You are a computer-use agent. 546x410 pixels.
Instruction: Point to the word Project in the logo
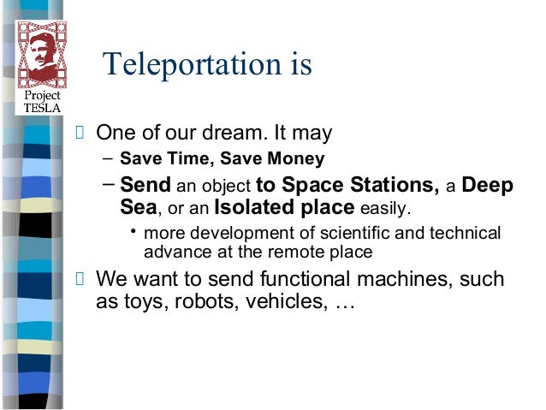41,95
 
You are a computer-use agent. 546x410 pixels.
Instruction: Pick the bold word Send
146,185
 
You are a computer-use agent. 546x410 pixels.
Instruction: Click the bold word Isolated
259,208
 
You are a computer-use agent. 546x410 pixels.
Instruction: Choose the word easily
384,209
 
